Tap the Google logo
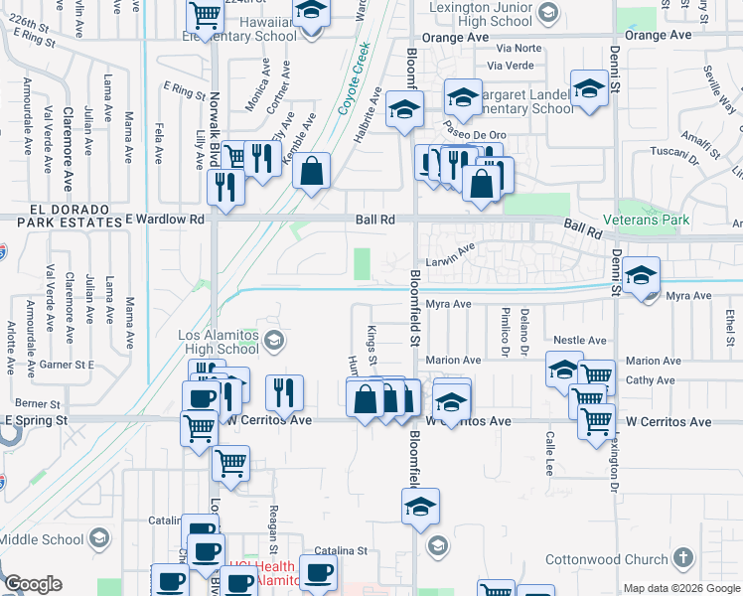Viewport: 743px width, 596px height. click(x=33, y=584)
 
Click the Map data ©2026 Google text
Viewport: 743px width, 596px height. click(x=681, y=588)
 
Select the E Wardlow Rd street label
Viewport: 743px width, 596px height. click(x=164, y=218)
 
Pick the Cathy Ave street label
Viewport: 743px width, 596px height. click(x=651, y=379)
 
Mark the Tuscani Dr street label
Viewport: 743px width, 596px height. click(x=669, y=153)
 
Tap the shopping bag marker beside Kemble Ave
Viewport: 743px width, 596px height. click(x=312, y=170)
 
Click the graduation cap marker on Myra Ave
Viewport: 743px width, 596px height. click(x=641, y=274)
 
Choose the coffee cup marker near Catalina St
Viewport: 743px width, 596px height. click(x=318, y=573)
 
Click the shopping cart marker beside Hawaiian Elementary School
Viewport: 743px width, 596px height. click(x=205, y=16)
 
